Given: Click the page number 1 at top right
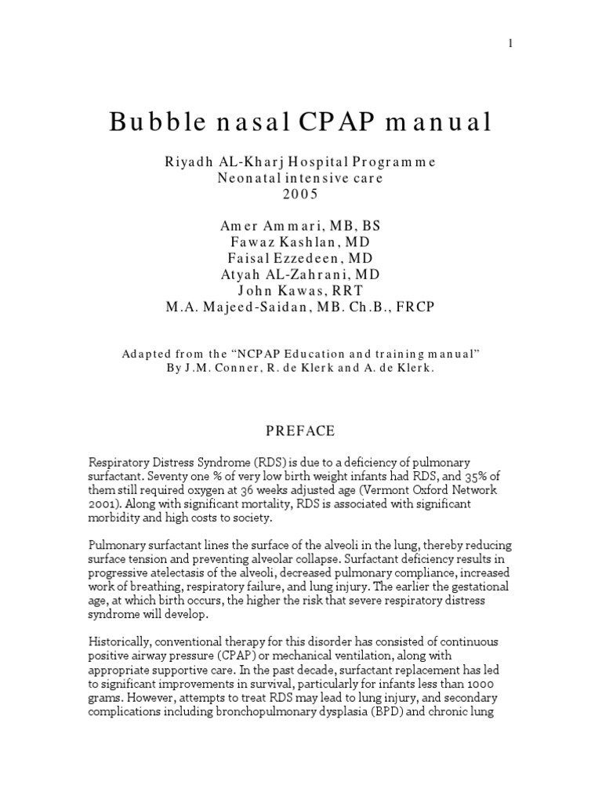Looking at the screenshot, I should pos(510,44).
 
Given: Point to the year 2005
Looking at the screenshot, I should pos(299,194).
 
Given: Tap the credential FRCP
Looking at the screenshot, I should pos(416,306).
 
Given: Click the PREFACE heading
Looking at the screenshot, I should pos(299,431).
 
